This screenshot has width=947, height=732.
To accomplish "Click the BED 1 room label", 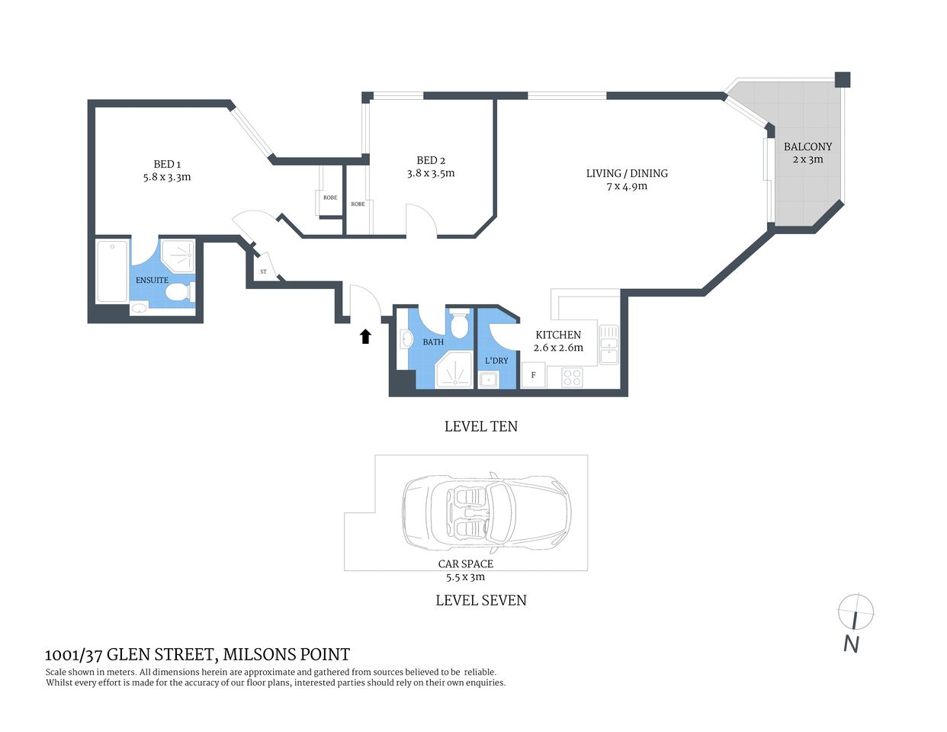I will (167, 164).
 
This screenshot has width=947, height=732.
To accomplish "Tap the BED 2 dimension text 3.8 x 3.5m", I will (431, 173).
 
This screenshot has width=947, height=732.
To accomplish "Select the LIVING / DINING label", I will (627, 173).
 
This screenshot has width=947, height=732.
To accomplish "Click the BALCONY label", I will (808, 146).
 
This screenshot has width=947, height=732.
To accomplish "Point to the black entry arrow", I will (365, 336).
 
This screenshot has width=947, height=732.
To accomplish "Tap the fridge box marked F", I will (534, 375).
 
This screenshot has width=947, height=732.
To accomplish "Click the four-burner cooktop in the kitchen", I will (572, 377).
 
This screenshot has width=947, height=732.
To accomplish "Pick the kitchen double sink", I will (608, 344).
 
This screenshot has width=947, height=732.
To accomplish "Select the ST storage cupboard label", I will (263, 271).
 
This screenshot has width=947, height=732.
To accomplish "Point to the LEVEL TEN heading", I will (480, 426).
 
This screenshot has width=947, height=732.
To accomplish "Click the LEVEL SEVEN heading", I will (480, 600).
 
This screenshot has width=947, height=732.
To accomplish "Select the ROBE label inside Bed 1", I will (330, 197).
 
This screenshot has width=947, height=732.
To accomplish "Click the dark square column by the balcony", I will (842, 79).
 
